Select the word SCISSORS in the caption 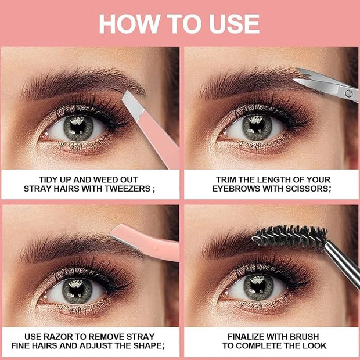pyautogui.click(x=308, y=189)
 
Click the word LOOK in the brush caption pyautogui.click(x=314, y=345)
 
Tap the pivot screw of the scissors pyautogui.click(x=349, y=93)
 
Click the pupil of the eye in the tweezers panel pyautogui.click(x=78, y=127)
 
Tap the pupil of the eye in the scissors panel pyautogui.click(x=257, y=127)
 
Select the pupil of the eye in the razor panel pyautogui.click(x=77, y=291)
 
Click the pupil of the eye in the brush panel pyautogui.click(x=258, y=287)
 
